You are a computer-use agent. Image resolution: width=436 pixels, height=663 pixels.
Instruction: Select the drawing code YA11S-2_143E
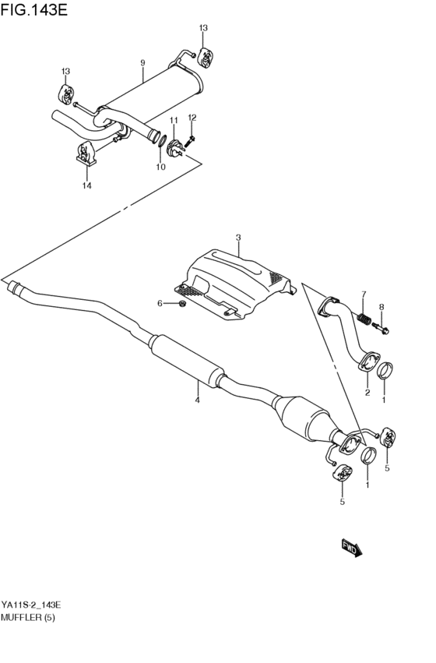pyautogui.click(x=31, y=605)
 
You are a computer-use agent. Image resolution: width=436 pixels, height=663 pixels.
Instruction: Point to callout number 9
pyautogui.click(x=142, y=62)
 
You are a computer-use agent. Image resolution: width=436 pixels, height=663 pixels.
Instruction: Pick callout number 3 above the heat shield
pyautogui.click(x=238, y=238)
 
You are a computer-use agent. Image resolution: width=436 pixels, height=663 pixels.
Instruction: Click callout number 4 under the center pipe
pyautogui.click(x=197, y=400)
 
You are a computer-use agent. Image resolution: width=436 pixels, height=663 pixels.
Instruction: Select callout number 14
pyautogui.click(x=87, y=185)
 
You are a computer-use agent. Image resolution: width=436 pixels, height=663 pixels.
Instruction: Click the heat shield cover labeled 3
pyautogui.click(x=234, y=280)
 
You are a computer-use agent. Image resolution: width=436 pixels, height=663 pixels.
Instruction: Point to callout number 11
pyautogui.click(x=174, y=119)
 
